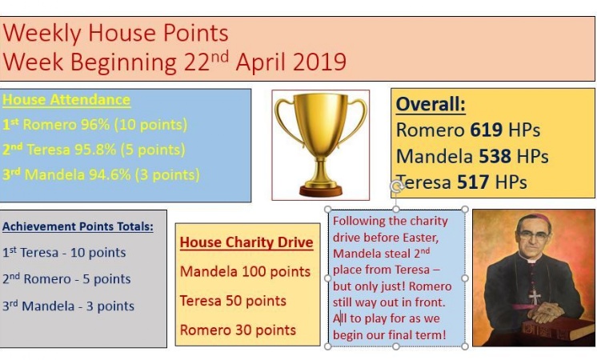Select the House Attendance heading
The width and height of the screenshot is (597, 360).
coord(66,100)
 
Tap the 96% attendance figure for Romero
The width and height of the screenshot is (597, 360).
coord(94,125)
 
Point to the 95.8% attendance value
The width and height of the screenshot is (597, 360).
coord(95,150)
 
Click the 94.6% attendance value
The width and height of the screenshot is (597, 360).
coord(110,174)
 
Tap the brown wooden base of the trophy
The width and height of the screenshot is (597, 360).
coord(321,190)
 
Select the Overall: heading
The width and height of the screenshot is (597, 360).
coord(431,103)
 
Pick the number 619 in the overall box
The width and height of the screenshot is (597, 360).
coord(487,130)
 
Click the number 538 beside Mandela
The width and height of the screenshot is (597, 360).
coord(495,156)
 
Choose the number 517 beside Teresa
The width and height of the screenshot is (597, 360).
coord(473,182)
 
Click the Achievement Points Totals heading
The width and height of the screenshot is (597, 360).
coord(78,226)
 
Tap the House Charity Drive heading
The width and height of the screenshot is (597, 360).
coord(246,242)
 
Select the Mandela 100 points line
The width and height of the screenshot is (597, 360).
coord(245,271)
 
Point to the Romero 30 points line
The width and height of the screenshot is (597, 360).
coord(238,330)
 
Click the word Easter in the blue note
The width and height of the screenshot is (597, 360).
coord(420,238)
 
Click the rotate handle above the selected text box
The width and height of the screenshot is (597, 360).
coord(396,186)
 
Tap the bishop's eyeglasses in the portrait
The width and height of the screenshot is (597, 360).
coord(532,234)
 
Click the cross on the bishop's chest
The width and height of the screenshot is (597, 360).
coord(535,297)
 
